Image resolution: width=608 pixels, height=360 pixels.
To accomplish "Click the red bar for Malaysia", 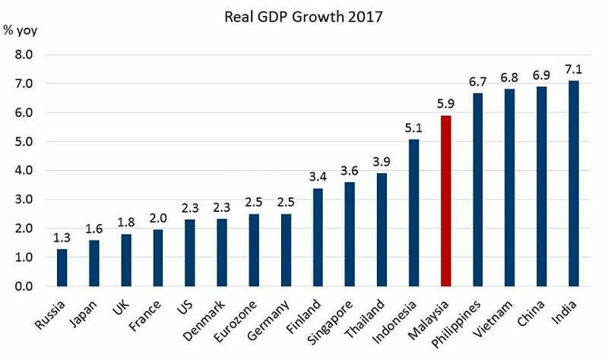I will (x=446, y=201).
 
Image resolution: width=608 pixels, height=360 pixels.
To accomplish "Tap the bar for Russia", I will (x=62, y=267).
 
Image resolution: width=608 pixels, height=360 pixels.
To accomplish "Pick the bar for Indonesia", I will (x=414, y=213).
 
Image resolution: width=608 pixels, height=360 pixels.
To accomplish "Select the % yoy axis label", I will (x=21, y=31).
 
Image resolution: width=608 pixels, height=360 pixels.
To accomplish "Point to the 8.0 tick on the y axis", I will (x=25, y=55).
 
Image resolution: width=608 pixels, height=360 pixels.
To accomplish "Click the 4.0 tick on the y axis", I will (x=25, y=171).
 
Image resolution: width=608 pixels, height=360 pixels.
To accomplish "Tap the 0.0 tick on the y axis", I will (x=25, y=286).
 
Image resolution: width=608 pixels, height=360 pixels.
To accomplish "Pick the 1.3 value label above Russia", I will (x=62, y=238).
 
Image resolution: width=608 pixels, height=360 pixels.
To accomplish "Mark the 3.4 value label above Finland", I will (x=318, y=176).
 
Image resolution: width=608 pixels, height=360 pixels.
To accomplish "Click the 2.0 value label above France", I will (x=157, y=217).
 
